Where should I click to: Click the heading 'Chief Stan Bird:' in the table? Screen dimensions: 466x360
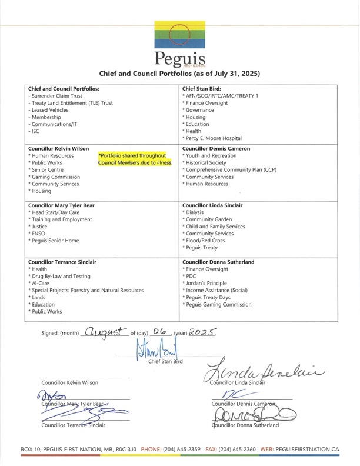click(202, 88)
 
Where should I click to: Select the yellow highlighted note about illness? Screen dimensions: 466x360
click(135, 158)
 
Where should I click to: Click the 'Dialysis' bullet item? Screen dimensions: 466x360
click(195, 212)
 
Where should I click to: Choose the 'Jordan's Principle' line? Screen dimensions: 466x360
click(206, 283)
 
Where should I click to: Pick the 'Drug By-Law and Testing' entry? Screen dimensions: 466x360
click(57, 276)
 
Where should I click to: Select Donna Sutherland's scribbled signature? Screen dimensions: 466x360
click(255, 417)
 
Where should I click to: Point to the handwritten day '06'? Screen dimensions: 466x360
click(156, 332)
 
